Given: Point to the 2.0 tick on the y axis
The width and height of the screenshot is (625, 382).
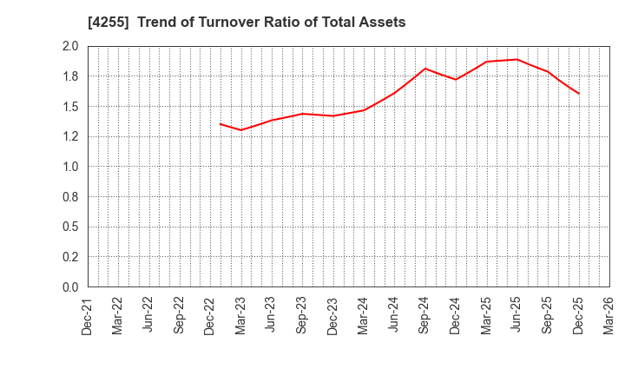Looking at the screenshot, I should coord(70,47).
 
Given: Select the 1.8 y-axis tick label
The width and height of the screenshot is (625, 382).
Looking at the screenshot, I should coord(70,76).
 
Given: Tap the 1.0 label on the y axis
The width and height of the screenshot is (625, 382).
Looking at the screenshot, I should coord(70,167).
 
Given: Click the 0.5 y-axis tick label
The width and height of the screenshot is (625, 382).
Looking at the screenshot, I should coord(70,227).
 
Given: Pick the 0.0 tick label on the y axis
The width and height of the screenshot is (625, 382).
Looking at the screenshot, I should coord(70,287).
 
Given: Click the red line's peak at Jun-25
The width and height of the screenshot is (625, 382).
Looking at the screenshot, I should coord(517,59).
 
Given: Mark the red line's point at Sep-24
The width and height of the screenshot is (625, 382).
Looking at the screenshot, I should coord(425,69).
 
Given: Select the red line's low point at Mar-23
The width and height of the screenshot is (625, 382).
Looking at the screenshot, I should coord(241,130).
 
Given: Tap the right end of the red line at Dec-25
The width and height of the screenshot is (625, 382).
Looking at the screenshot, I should coord(579,94).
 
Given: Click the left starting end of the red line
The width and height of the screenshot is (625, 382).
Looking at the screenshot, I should coord(220,123).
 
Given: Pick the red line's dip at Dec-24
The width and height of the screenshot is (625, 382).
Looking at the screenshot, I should coord(456,80).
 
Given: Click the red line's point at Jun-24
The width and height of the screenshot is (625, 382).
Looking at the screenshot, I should coord(394,93).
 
